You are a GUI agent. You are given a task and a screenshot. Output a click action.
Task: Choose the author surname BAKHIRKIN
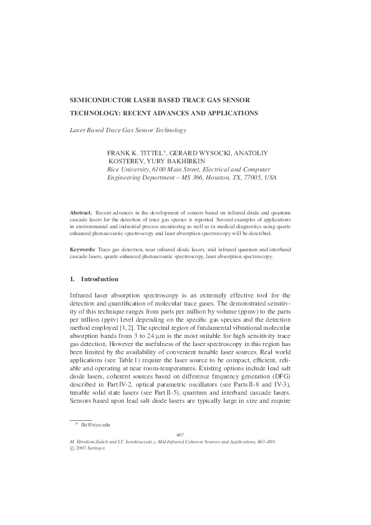pos(193,161)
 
